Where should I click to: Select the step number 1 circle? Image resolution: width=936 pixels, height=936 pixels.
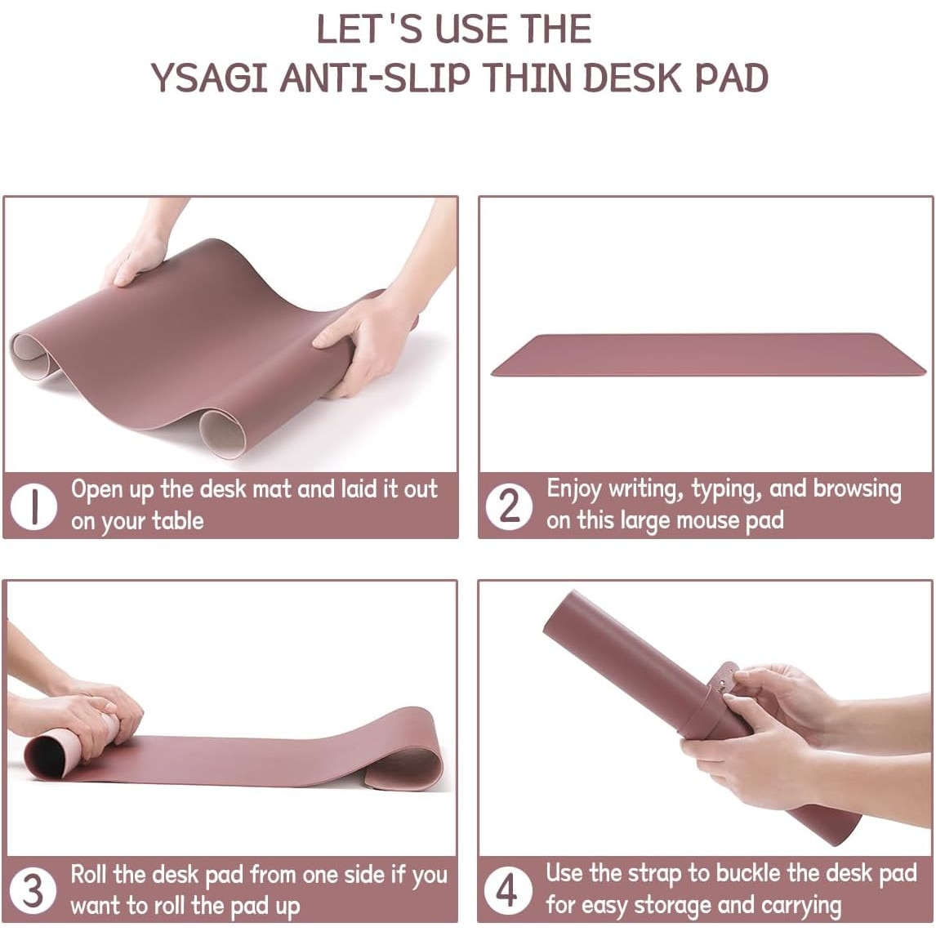pyautogui.click(x=34, y=506)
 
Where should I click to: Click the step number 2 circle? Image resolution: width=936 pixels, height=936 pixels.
pyautogui.click(x=509, y=506)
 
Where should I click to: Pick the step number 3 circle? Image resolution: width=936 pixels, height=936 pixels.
pyautogui.click(x=33, y=890)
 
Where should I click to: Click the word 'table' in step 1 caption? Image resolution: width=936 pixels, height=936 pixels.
pyautogui.click(x=178, y=520)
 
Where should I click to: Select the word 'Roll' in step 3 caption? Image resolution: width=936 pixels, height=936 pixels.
pyautogui.click(x=89, y=875)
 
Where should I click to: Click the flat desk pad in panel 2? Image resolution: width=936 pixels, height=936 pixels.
pyautogui.click(x=709, y=354)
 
